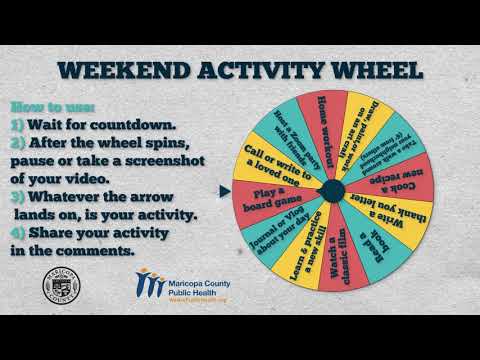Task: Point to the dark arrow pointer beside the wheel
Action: [x=222, y=188]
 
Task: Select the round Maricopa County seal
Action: [x=64, y=287]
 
